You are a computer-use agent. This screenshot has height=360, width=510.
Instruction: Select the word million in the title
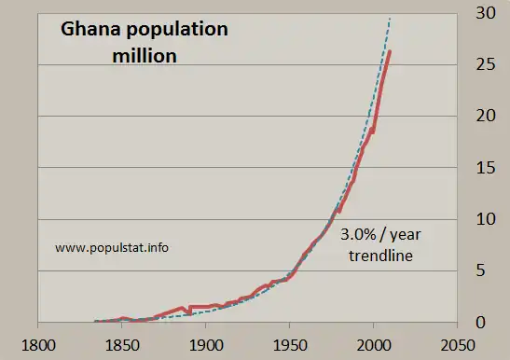(145, 56)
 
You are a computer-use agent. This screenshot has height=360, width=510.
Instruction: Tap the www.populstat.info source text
(113, 248)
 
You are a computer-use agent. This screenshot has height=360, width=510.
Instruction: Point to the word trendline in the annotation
(379, 254)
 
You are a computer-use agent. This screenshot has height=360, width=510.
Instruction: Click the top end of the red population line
(390, 51)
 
